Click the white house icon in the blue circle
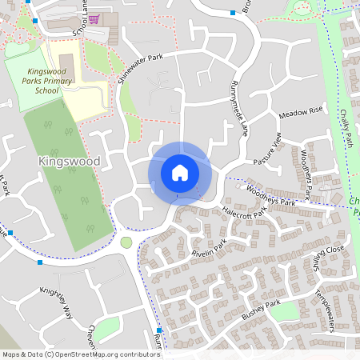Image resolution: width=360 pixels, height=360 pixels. point(179,173)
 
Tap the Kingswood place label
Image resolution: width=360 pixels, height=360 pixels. point(69,162)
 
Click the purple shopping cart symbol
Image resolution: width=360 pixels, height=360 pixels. point(94,18)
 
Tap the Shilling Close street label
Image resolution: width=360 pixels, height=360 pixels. point(328,258)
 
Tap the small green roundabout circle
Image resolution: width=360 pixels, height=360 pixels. point(126,242)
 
